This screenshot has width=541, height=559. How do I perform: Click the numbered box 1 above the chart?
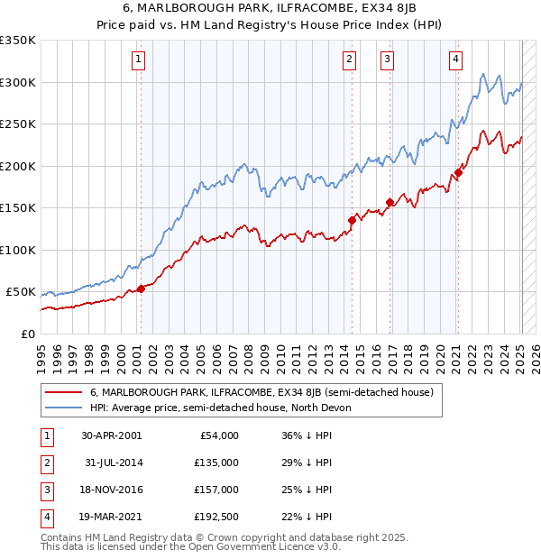coord(139,60)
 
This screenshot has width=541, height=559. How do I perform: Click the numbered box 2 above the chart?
coord(349,60)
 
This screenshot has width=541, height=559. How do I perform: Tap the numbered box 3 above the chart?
coord(387,60)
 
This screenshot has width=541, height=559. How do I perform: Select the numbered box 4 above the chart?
coord(455,60)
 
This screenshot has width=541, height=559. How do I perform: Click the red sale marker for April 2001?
coord(141,289)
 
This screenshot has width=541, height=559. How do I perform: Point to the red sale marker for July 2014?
coord(352,220)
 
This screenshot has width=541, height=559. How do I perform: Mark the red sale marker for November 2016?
coord(390,202)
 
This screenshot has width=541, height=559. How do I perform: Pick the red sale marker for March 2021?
coord(458,172)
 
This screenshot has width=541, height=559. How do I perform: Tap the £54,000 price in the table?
coord(218,435)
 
